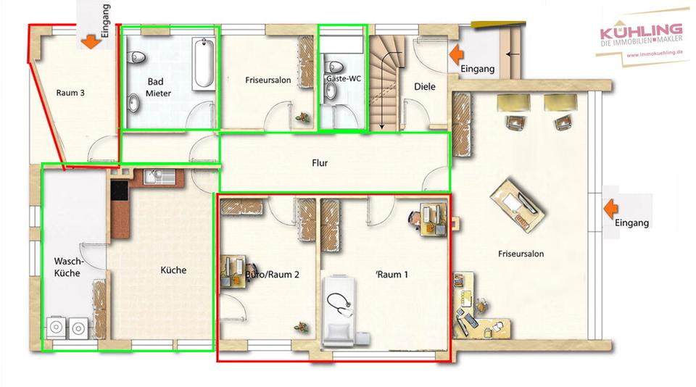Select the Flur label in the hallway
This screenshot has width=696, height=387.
click(319, 163)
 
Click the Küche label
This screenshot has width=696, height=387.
click(173, 270)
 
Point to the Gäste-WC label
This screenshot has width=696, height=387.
click(344, 78)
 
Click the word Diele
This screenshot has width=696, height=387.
click(425, 87)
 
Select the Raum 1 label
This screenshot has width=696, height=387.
click(393, 275)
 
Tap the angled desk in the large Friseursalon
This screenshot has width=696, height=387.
click(515, 200)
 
